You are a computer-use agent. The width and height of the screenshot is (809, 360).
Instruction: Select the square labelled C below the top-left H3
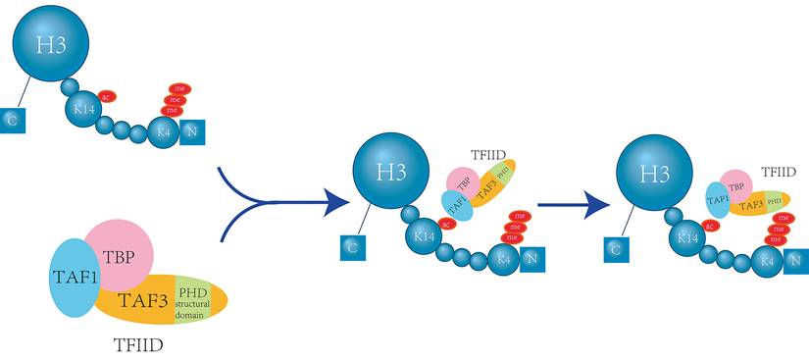click(12, 120)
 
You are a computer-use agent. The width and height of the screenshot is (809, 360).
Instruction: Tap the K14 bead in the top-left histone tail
click(84, 110)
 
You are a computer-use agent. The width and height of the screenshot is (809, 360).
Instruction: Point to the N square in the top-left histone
click(193, 128)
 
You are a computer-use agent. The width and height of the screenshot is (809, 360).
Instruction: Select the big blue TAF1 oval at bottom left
click(70, 278)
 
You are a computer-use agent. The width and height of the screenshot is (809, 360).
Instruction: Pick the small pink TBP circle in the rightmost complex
click(736, 184)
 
